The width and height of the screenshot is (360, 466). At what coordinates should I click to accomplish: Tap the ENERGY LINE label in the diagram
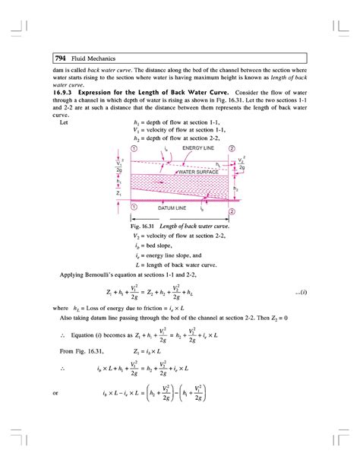coord(194,147)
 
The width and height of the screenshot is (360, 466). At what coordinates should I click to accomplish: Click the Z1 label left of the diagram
coord(119,194)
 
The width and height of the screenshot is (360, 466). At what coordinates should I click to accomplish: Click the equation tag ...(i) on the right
coord(301,292)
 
